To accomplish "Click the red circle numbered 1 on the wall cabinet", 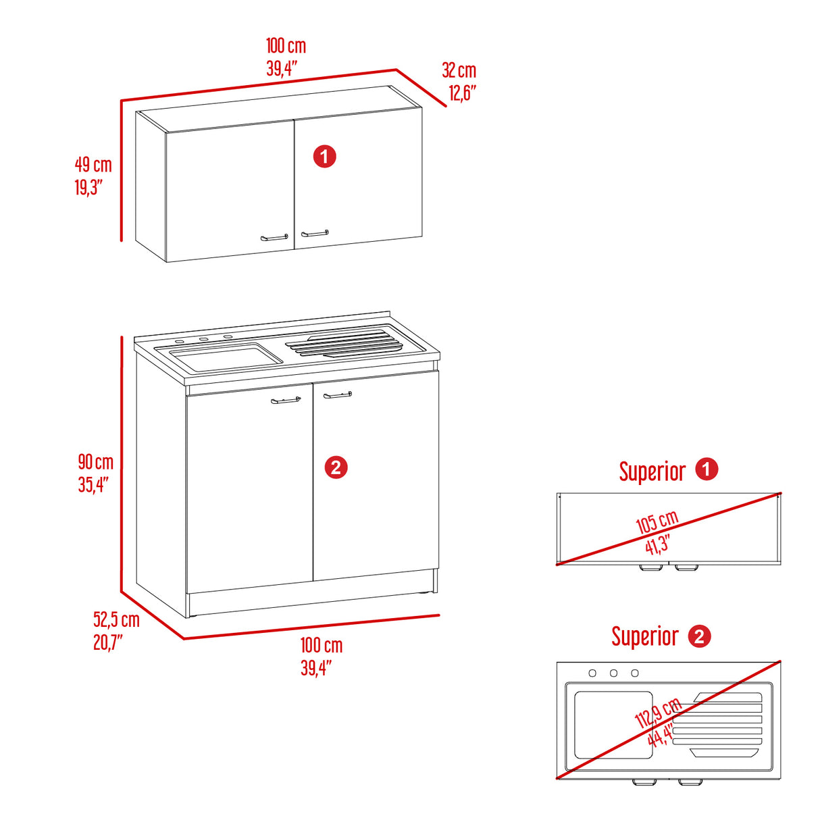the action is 325,157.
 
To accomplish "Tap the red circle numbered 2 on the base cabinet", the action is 336,467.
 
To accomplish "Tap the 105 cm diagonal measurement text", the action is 657,521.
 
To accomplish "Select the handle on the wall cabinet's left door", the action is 274,238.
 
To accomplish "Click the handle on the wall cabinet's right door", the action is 315,233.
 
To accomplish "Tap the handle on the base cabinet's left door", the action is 286,400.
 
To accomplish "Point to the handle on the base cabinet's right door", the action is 338,395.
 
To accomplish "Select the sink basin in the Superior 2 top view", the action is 613,725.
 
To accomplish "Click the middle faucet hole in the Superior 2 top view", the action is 613,673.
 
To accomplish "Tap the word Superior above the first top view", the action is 652,471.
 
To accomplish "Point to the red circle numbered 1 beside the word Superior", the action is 707,469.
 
